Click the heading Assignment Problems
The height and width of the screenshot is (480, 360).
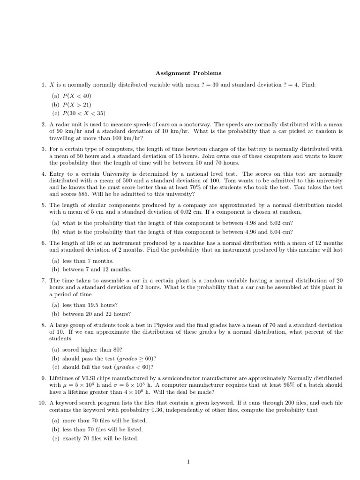coord(188,73)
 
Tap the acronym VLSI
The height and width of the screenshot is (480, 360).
coord(87,378)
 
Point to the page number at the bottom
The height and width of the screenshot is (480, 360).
coord(188,462)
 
